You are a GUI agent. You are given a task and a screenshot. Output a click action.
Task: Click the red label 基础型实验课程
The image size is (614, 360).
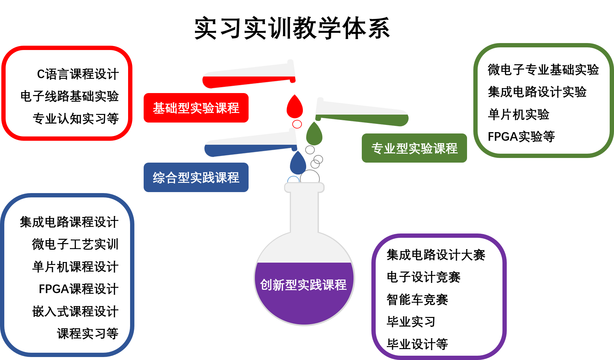[196, 108]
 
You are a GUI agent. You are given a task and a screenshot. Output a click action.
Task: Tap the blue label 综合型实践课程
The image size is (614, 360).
[196, 178]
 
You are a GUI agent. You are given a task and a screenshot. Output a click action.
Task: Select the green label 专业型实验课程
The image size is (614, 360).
[414, 148]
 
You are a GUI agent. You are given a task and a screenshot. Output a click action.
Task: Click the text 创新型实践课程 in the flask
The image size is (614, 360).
[303, 285]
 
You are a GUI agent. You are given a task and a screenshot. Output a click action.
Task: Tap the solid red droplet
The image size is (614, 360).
[295, 108]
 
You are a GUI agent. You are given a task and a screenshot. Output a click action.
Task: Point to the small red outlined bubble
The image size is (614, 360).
[297, 124]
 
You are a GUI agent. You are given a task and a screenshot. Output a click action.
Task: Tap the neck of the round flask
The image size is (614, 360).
[304, 212]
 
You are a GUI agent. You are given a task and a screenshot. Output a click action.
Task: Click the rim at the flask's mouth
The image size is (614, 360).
[304, 187]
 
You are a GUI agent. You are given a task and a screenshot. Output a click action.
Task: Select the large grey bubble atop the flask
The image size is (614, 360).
[310, 177]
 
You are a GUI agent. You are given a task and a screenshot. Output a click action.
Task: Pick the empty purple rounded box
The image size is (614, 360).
[439, 296]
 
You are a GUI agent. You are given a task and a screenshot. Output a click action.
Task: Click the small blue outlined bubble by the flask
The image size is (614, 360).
[293, 180]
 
